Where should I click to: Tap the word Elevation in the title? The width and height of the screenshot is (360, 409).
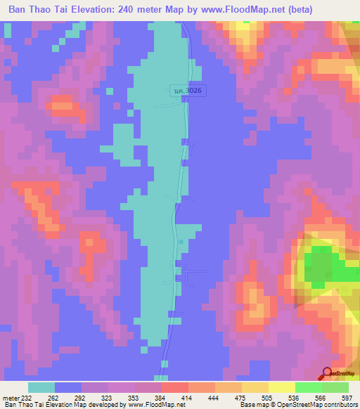pos(106,9)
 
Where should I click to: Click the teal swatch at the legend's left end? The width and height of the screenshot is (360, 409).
pos(41,387)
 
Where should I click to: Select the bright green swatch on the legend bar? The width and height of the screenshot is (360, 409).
pos(308,387)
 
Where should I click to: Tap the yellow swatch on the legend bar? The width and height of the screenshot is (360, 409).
pos(281,387)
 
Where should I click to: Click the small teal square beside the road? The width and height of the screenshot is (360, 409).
pos(181,242)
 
